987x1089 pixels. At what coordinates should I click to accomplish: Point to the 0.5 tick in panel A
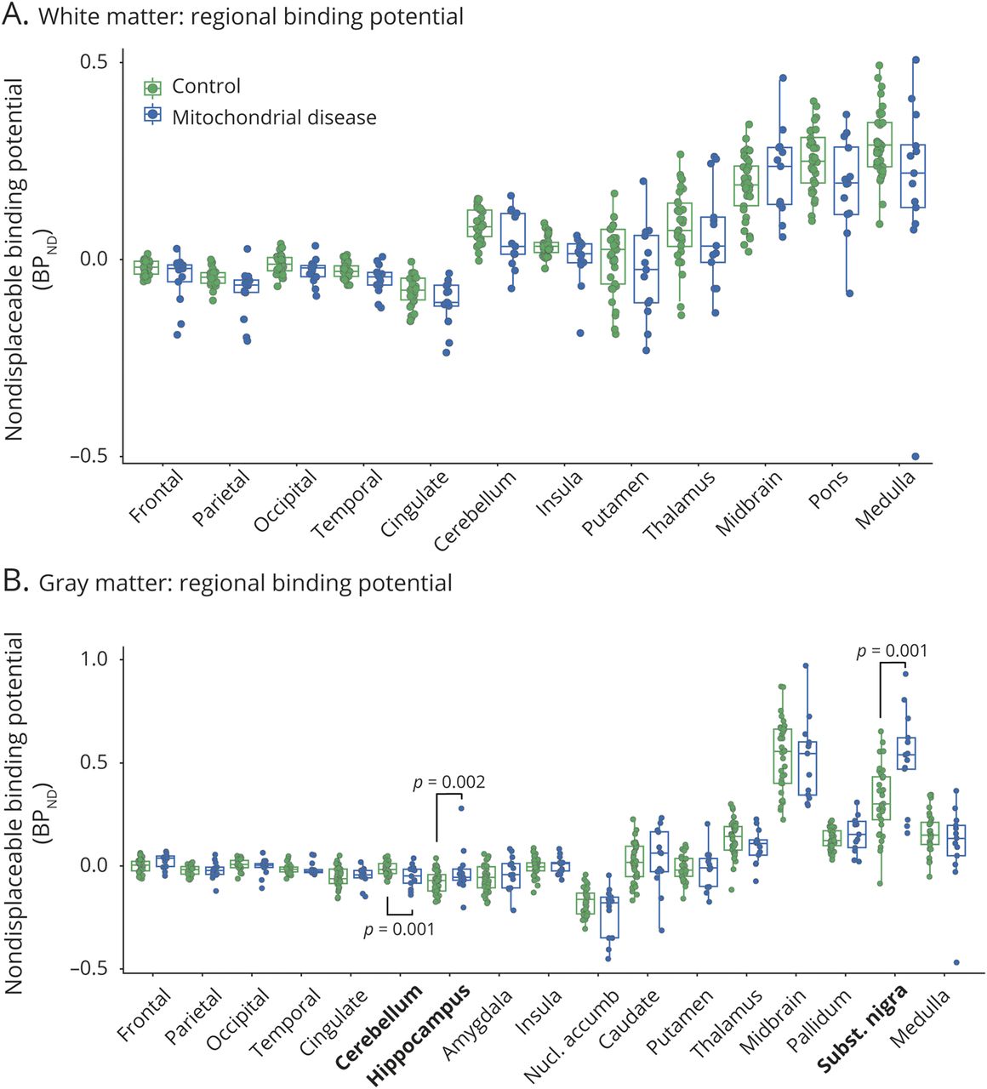pos(94,62)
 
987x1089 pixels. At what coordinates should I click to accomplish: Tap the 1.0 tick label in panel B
pos(93,659)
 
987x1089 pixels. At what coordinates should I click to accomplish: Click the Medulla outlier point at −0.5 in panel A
pos(916,457)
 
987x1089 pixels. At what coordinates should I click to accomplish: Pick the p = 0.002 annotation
pos(449,782)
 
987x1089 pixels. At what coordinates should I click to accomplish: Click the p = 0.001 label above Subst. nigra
pos(892,651)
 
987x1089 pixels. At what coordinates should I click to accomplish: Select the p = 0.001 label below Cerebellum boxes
pos(399,930)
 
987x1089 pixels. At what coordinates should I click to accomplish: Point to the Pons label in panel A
pos(828,491)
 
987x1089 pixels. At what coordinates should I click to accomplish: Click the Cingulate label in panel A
pos(414,505)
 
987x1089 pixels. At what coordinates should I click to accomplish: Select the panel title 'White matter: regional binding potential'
pos(251,16)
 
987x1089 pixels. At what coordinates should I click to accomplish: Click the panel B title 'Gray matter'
pos(245,583)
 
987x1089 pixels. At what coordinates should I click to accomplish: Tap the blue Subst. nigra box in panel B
pos(901,753)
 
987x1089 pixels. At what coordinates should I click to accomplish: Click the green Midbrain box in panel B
pos(782,755)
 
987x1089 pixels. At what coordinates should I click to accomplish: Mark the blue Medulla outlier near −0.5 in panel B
pos(956,962)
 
